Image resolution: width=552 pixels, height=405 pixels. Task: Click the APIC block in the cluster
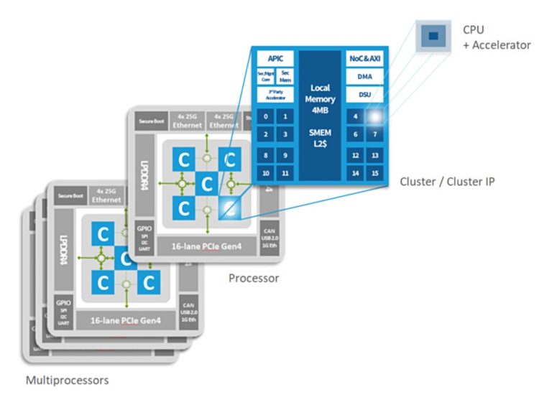pos(275,57)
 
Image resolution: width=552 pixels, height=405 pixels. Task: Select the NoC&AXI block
pos(364,57)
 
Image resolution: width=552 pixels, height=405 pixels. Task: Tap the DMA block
pos(364,76)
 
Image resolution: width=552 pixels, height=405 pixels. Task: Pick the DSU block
pos(364,95)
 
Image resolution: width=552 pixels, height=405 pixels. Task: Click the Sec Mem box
pos(285,76)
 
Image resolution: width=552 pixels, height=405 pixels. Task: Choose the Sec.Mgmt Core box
pos(265,76)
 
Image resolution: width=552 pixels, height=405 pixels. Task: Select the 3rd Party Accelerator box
pos(275,95)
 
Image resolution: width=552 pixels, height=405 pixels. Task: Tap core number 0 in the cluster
pos(266,116)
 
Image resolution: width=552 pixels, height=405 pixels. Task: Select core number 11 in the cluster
pos(285,173)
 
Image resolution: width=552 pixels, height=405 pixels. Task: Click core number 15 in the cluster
pos(374,173)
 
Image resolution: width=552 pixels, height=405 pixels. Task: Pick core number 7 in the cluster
pos(374,134)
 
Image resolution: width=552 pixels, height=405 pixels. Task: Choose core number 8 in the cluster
pos(266,155)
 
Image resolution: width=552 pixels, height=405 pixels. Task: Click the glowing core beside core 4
pos(374,116)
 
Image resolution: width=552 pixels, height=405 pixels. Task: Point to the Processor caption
pos(253,277)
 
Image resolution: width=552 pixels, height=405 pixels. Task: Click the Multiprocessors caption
pos(67,380)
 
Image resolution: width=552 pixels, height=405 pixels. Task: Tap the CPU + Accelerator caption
pos(497,38)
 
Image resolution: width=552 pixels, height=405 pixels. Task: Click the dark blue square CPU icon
pos(433,35)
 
